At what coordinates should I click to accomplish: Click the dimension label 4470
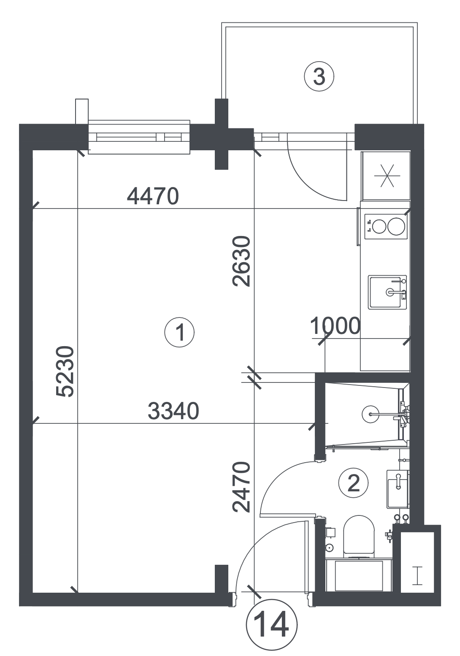152,197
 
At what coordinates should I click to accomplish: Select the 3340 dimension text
173,411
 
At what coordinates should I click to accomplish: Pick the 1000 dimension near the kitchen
335,325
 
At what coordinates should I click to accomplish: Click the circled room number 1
179,333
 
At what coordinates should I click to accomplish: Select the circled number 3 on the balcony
319,77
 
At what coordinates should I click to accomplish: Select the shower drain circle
371,414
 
